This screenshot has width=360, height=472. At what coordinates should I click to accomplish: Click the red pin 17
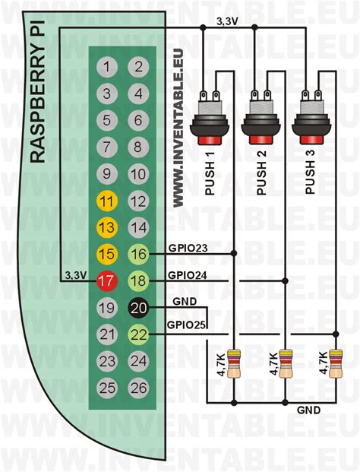point(107,281)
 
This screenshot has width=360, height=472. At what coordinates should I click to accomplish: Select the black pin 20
point(137,307)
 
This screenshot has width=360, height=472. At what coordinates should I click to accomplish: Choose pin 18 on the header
point(137,281)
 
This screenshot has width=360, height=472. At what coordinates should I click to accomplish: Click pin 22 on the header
point(137,334)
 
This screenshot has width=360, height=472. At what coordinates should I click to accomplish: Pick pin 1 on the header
point(107,67)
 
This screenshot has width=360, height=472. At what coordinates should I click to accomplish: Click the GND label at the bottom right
point(308,410)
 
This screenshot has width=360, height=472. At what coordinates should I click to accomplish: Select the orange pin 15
point(107,254)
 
